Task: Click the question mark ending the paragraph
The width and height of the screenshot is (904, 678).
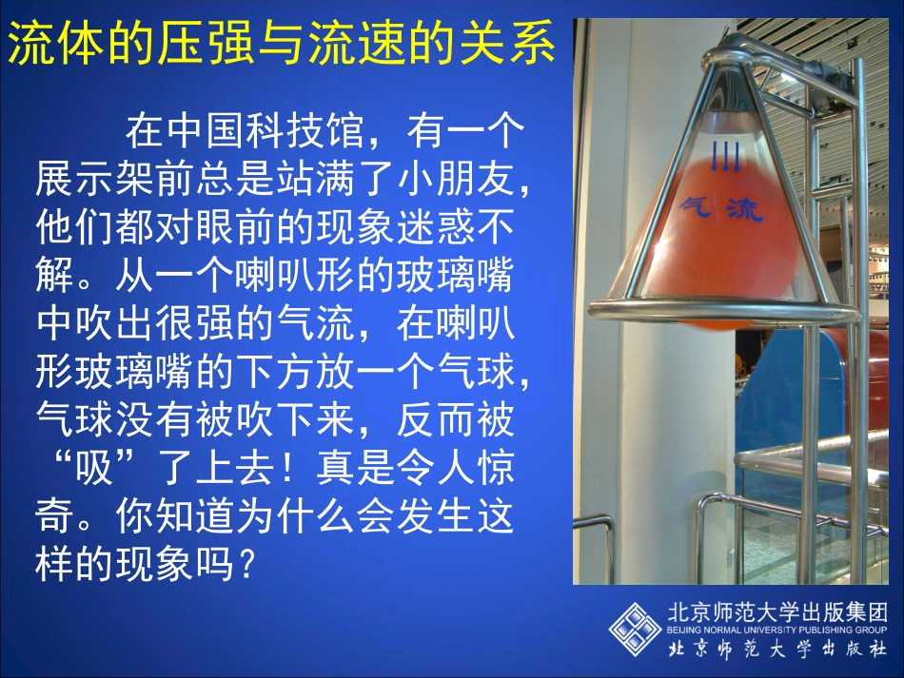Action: click(x=245, y=567)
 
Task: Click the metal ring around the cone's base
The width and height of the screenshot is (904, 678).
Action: click(x=723, y=310)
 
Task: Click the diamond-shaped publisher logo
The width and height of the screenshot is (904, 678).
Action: click(x=635, y=628)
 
